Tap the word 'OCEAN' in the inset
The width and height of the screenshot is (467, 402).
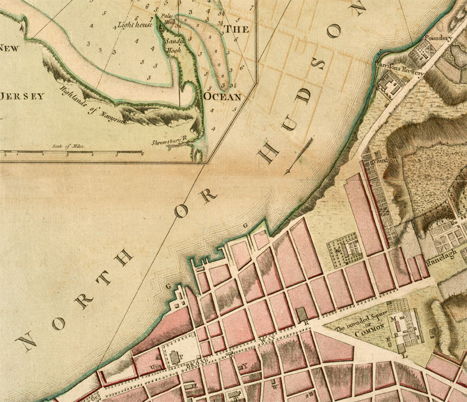point(222,97)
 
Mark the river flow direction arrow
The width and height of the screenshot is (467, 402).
point(298,156)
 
